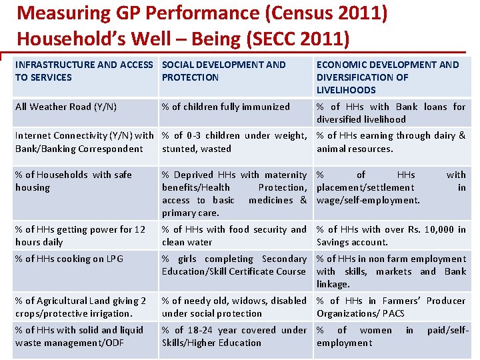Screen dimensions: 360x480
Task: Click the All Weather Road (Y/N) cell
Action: (x=66, y=107)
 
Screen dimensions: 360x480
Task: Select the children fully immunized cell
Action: (x=226, y=107)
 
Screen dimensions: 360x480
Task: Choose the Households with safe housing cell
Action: (x=73, y=181)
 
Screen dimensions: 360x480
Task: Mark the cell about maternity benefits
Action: (x=234, y=193)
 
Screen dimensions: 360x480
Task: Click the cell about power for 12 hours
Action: (x=80, y=235)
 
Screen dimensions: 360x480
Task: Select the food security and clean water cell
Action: (x=234, y=235)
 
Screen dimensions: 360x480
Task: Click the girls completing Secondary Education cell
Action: (x=234, y=265)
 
